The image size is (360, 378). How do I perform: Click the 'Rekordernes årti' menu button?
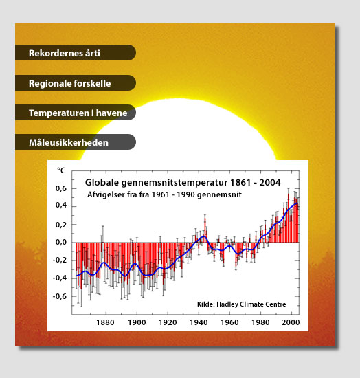pyautogui.click(x=76, y=52)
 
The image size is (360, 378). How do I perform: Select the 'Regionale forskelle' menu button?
pyautogui.click(x=76, y=82)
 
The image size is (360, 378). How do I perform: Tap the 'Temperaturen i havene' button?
pyautogui.click(x=76, y=112)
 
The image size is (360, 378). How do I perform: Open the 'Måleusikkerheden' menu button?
pyautogui.click(x=76, y=142)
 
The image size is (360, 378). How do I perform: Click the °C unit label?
pyautogui.click(x=61, y=170)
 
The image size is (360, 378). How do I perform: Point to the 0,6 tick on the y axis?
pyautogui.click(x=61, y=188)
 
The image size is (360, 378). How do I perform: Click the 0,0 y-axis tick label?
pyautogui.click(x=61, y=242)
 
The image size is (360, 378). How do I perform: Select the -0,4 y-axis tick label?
pyautogui.click(x=60, y=278)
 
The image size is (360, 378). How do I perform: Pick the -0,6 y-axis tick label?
pyautogui.click(x=60, y=296)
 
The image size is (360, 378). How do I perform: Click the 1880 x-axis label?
pyautogui.click(x=105, y=322)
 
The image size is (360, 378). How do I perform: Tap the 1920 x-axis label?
pyautogui.click(x=168, y=322)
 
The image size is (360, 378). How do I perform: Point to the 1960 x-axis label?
pyautogui.click(x=229, y=322)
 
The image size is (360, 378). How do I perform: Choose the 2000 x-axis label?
pyautogui.click(x=291, y=322)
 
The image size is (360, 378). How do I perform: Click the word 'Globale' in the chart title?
pyautogui.click(x=102, y=183)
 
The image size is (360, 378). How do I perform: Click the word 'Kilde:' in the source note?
pyautogui.click(x=206, y=304)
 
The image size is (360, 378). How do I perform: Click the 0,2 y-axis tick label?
pyautogui.click(x=61, y=225)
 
